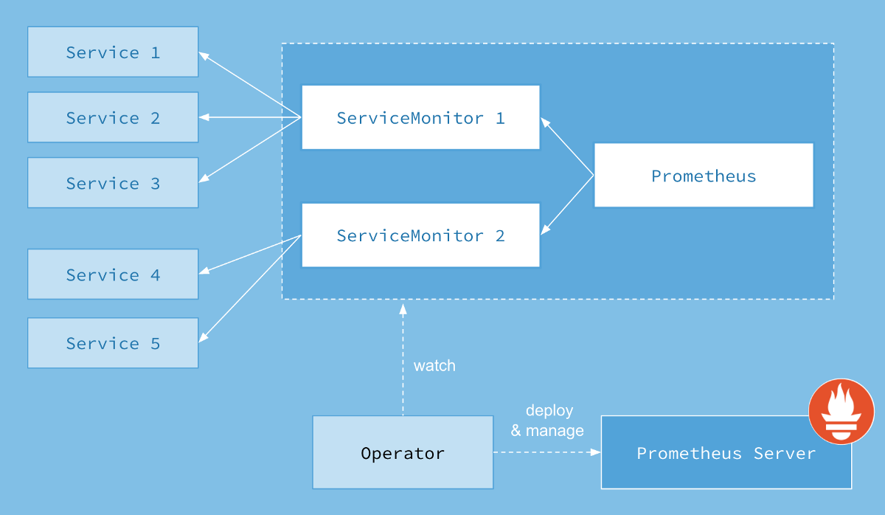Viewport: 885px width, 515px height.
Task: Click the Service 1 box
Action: coord(113,52)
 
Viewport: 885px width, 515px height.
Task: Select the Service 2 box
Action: coord(113,118)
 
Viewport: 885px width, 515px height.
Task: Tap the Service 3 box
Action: coord(113,183)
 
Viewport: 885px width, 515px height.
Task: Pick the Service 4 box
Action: coord(113,274)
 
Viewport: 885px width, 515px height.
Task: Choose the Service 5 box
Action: coord(113,343)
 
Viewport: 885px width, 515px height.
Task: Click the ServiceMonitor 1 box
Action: coord(420,118)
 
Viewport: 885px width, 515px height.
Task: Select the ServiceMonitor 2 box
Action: coord(420,235)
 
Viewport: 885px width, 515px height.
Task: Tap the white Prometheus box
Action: coord(704,176)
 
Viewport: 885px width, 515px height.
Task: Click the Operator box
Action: coord(403,452)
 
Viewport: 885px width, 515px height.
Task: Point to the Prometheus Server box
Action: coord(726,453)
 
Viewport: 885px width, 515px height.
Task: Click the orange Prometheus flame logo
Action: coord(841,411)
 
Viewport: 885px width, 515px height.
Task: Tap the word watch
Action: coord(434,365)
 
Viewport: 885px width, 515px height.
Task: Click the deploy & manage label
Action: coord(548,421)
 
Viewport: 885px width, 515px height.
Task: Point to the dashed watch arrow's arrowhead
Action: coord(403,308)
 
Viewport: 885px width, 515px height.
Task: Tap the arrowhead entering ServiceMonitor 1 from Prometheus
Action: coord(545,122)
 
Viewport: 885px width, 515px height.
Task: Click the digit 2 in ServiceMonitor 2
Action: coord(500,236)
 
